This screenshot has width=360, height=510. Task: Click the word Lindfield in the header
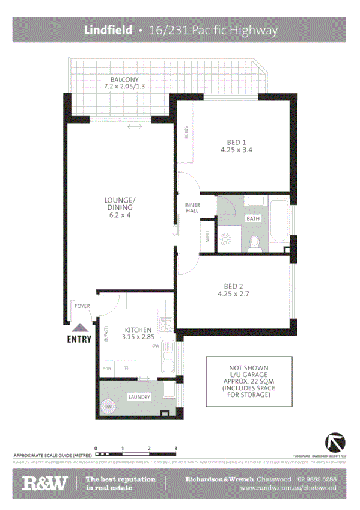(x=108, y=29)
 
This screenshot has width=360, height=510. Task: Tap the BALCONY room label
(x=124, y=79)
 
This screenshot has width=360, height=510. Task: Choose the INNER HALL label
(x=192, y=208)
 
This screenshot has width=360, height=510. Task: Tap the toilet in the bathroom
(x=254, y=242)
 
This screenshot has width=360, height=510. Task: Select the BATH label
(x=252, y=218)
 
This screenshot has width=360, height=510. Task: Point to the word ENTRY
(x=79, y=339)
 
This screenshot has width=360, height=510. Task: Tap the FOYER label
(x=82, y=306)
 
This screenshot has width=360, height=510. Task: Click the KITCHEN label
(x=138, y=330)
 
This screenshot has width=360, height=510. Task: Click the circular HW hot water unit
(x=109, y=407)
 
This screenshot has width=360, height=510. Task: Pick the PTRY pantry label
(x=108, y=369)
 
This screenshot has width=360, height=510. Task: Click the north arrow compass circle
(x=335, y=443)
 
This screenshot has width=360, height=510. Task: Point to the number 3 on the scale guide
(x=175, y=449)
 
